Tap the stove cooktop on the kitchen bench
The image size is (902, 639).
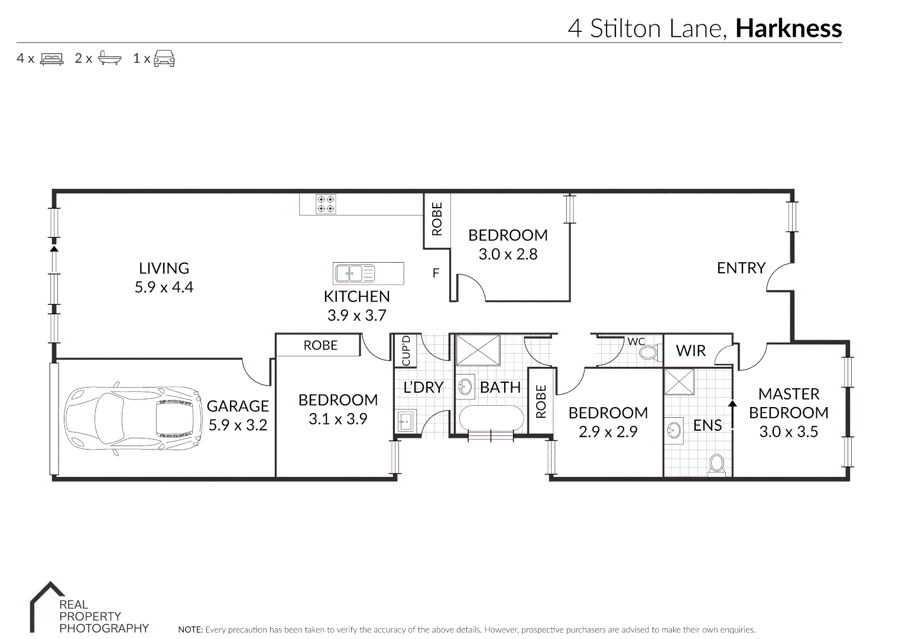tap(326, 204)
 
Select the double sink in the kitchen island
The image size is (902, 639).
tap(355, 273)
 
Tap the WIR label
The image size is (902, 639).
tap(690, 350)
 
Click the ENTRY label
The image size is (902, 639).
tap(741, 268)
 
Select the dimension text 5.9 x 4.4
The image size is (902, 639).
tap(164, 287)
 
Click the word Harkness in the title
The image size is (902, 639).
tap(788, 28)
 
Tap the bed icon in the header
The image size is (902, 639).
tap(51, 59)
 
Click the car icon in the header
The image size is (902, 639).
tap(164, 59)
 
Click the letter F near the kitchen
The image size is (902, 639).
tap(436, 273)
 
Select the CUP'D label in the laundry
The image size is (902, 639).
tap(405, 350)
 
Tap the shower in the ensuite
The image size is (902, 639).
tap(679, 381)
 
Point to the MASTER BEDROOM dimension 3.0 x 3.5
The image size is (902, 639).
tap(789, 431)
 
